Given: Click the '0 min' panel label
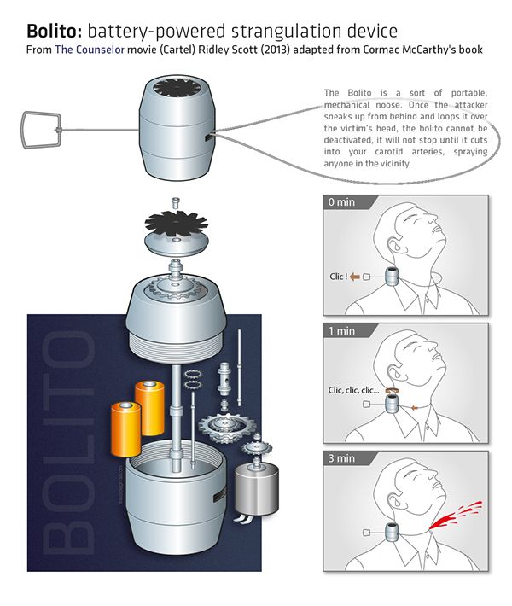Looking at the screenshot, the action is point(342,204).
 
